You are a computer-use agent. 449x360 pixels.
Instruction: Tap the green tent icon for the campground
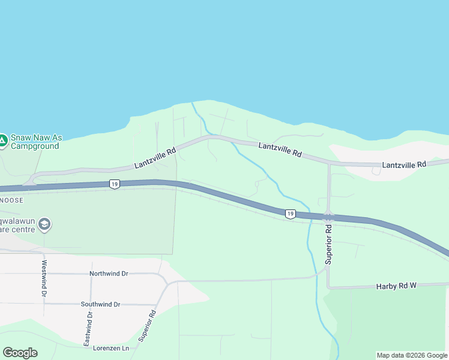click(2, 142)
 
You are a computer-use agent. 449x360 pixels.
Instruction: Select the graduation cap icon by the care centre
click(44, 225)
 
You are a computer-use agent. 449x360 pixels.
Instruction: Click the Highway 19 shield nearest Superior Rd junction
click(290, 214)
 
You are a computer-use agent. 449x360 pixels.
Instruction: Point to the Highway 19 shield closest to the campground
click(114, 184)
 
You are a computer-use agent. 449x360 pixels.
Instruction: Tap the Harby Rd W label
click(396, 287)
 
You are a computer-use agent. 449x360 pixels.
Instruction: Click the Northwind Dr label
click(109, 274)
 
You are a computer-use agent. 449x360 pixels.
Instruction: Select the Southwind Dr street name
click(100, 304)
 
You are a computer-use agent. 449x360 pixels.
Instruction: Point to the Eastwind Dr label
click(88, 328)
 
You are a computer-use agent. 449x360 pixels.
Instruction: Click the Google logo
click(20, 353)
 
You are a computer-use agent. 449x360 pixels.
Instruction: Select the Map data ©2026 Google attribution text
click(412, 355)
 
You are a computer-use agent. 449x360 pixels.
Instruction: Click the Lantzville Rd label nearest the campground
click(155, 158)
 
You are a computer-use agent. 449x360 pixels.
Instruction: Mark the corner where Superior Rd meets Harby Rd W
click(328, 287)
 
